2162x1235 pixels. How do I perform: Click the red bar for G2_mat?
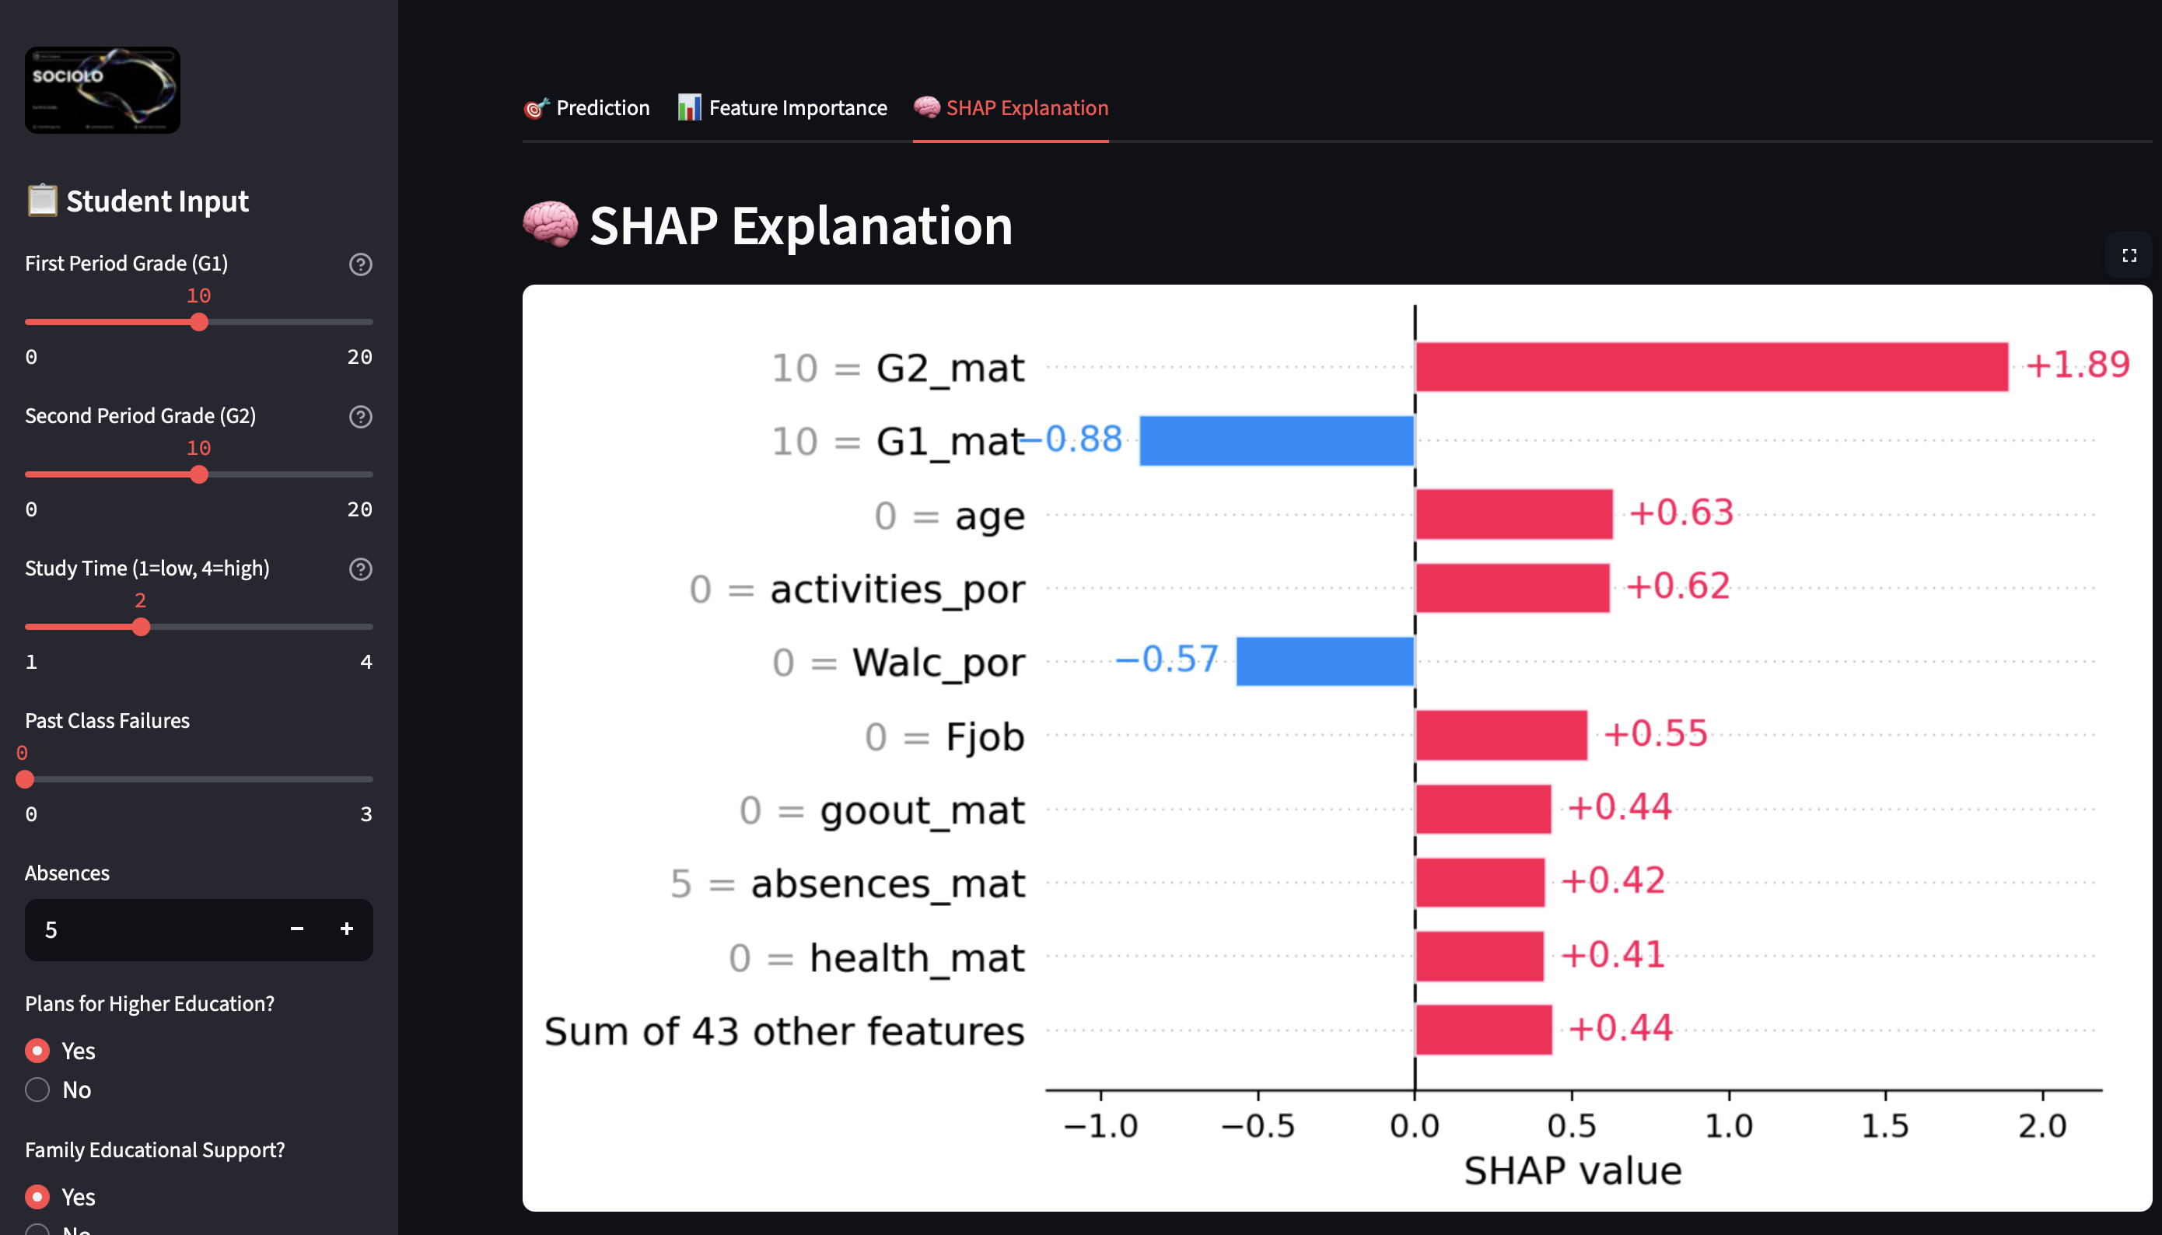click(1712, 366)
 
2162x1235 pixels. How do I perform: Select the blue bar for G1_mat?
click(1276, 440)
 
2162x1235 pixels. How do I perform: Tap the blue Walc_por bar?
click(1325, 661)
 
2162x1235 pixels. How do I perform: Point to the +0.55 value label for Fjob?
click(1655, 733)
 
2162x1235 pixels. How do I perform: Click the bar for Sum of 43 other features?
click(1484, 1029)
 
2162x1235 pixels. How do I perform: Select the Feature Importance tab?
click(782, 108)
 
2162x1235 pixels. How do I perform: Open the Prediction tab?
click(587, 108)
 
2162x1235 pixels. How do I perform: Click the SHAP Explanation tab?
click(1011, 108)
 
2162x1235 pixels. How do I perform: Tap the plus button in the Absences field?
click(347, 929)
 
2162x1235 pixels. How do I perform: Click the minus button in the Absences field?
click(297, 929)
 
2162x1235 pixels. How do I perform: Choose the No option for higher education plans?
click(37, 1089)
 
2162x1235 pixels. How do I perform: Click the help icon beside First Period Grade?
click(361, 264)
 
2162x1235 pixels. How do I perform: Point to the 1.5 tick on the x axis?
click(1884, 1125)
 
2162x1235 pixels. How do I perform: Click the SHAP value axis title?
click(1573, 1170)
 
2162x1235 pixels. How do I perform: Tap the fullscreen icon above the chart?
click(2129, 255)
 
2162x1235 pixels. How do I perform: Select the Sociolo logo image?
click(103, 90)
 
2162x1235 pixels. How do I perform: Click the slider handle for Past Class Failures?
click(26, 778)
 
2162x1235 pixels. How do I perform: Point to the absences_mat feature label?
click(887, 883)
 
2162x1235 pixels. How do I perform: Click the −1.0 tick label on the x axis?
click(1100, 1125)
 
